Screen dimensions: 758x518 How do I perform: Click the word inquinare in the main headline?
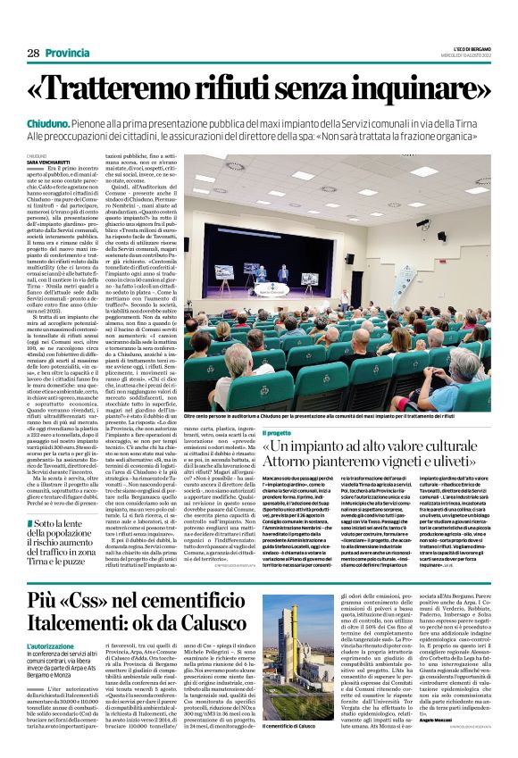coord(392,88)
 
